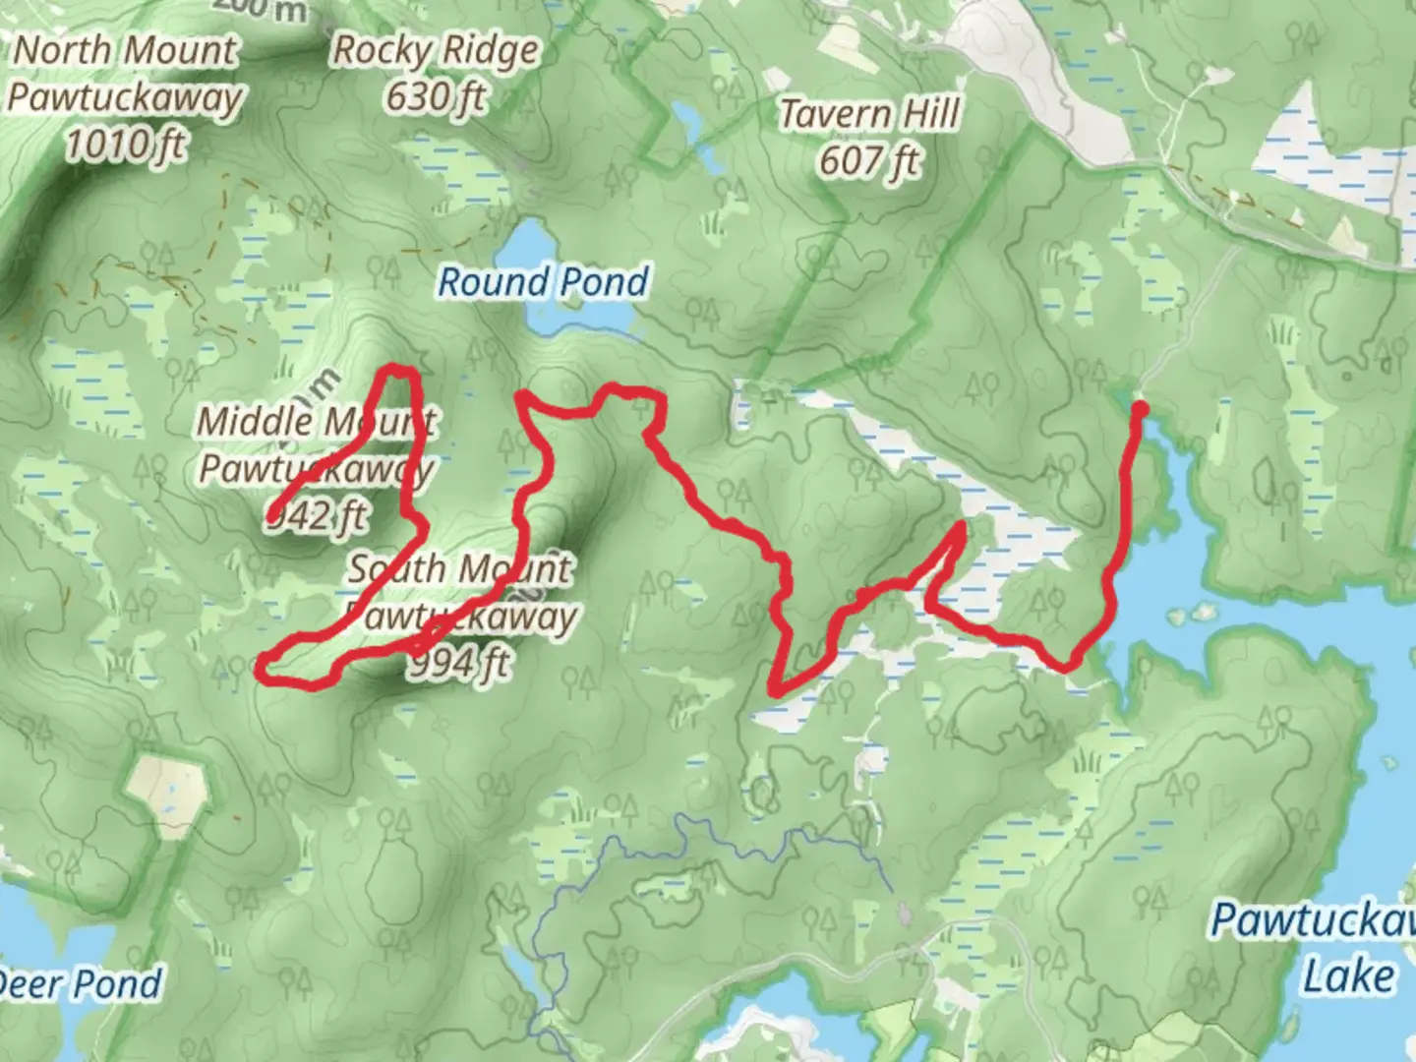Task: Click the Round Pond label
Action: tap(543, 282)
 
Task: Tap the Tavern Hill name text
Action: tap(869, 114)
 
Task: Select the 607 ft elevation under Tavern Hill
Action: tap(869, 160)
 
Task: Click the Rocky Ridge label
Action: tap(436, 51)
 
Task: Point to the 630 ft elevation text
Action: tap(436, 97)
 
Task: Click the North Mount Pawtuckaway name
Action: tap(125, 75)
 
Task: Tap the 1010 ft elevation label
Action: tap(125, 145)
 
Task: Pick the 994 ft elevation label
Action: tap(460, 664)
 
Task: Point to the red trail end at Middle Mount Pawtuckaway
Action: tap(270, 516)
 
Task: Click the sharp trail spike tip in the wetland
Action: tap(959, 527)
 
